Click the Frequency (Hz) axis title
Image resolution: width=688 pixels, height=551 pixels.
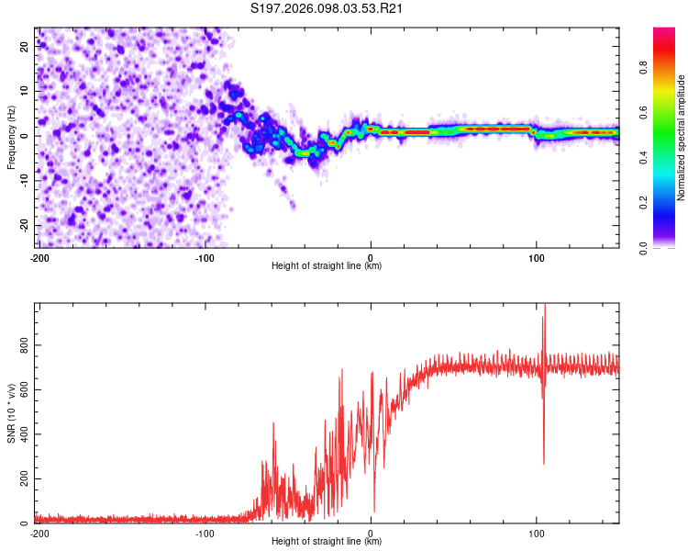[x=11, y=137]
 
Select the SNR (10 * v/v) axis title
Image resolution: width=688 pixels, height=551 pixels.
[x=11, y=413]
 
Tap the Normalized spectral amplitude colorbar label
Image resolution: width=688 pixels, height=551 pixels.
[x=681, y=138]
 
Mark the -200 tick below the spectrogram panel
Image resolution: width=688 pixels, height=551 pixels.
[x=39, y=258]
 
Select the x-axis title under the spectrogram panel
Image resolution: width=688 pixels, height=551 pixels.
[x=327, y=266]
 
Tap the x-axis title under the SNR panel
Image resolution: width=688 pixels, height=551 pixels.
[x=327, y=542]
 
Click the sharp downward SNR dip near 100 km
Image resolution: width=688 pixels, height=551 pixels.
[x=544, y=462]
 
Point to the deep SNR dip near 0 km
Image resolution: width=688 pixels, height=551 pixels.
[x=373, y=511]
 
